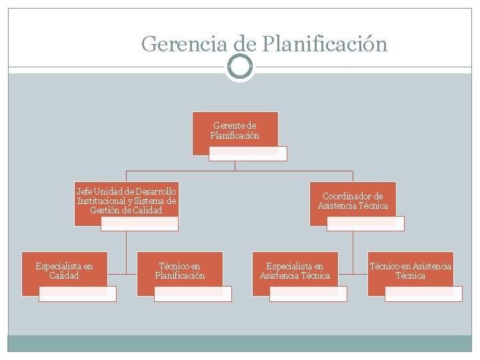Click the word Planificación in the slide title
click(325, 44)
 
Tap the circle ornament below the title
click(240, 67)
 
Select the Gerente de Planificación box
click(235, 131)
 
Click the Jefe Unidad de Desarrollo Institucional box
click(127, 201)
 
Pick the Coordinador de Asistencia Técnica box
click(353, 201)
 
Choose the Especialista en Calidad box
click(64, 271)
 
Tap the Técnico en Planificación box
click(180, 271)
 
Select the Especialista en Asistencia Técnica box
click(295, 271)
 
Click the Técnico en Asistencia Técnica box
click(411, 271)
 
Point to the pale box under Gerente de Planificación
click(248, 154)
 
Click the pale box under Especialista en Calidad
click(77, 294)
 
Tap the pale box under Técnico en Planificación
click(193, 294)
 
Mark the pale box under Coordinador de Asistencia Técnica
click(366, 224)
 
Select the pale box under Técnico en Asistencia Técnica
click(424, 294)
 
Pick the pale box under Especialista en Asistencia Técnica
click(308, 294)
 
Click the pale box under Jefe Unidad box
click(140, 224)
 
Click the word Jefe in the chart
click(83, 192)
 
